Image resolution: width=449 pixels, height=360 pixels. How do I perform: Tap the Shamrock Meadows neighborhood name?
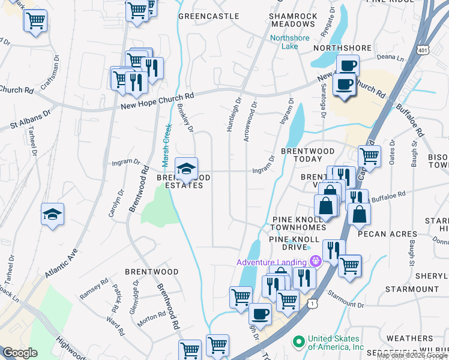292,20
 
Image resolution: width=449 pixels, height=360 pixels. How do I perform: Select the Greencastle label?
204,16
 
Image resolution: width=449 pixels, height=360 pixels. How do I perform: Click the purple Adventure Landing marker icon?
316,261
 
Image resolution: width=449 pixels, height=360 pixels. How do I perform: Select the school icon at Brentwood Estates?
187,167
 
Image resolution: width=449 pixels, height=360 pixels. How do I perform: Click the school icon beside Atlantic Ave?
52,214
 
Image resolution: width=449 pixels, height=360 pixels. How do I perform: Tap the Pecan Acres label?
387,233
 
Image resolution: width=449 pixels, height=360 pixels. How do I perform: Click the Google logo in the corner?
19,353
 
